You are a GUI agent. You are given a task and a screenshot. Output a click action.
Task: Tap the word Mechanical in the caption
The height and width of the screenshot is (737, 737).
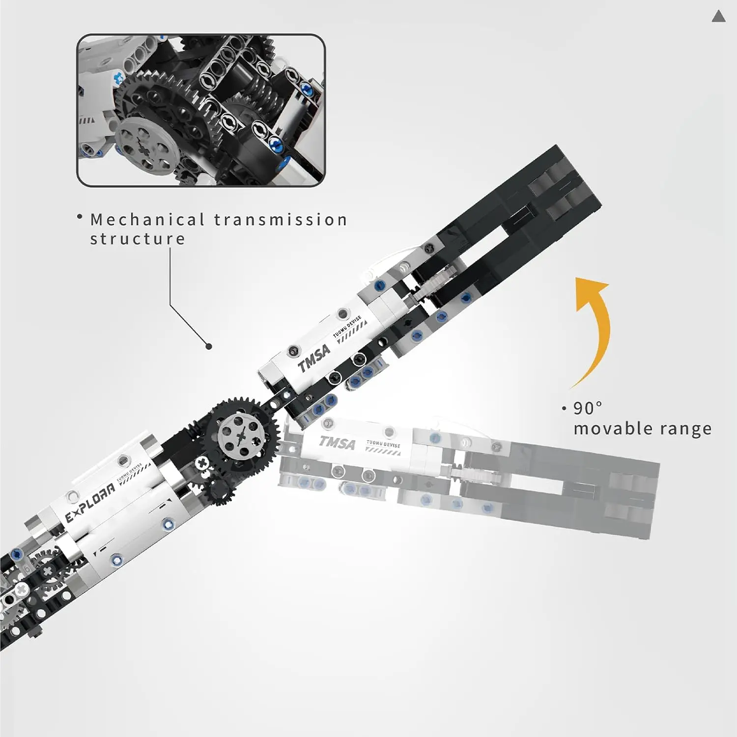coord(147,220)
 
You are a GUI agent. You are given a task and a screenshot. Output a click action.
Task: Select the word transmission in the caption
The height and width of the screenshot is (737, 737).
coord(281,220)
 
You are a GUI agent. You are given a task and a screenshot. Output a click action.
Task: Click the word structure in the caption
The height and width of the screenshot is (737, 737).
coord(138,239)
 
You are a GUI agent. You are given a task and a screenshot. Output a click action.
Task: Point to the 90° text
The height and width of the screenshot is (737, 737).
coord(587,408)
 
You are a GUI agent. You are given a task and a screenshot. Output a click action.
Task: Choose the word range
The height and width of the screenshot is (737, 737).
coord(685,429)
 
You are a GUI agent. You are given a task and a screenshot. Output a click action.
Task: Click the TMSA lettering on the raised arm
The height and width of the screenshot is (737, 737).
coord(314,358)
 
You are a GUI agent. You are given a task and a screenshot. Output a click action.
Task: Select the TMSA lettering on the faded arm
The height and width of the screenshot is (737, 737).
coord(337,442)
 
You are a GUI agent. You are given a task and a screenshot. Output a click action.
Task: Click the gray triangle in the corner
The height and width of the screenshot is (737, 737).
coord(718,17)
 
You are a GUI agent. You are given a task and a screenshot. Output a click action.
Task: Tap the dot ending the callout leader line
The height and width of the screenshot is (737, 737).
coord(209,346)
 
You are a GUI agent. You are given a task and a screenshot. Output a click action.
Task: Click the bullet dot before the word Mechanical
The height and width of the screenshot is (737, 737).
coord(80,216)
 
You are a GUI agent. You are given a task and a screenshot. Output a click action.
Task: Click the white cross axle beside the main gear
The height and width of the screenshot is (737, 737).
coord(201,463)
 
